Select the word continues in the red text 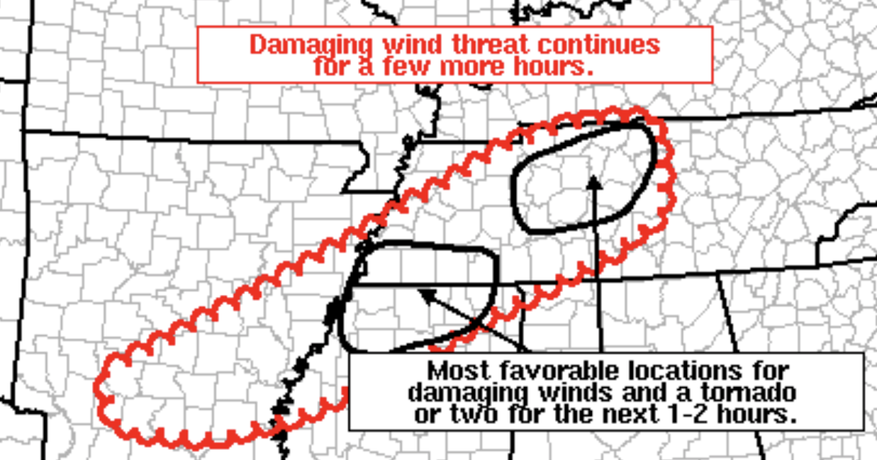pos(598,45)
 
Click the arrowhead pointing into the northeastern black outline pos(596,182)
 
